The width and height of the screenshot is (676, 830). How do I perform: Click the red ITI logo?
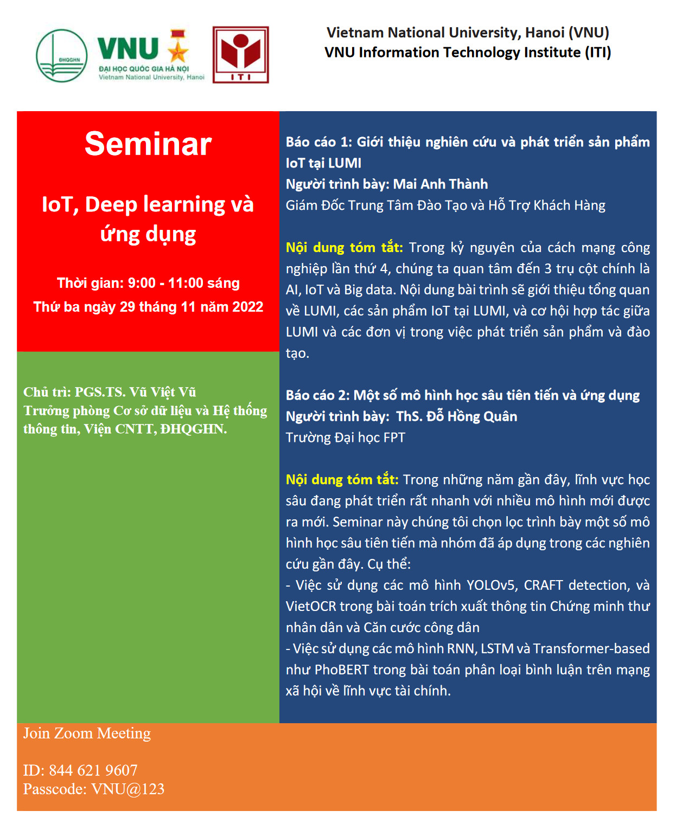pos(240,55)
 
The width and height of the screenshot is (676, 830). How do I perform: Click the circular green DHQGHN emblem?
pos(62,56)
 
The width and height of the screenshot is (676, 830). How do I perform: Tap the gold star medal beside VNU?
pos(178,46)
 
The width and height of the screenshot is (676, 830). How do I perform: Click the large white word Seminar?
pos(148,144)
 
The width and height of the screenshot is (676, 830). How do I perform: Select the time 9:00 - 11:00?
pos(165,283)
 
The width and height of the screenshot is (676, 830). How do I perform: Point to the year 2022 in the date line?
pos(247,307)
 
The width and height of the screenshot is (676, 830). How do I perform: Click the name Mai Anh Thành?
pos(440,184)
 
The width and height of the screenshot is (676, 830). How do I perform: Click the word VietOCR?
pos(311,606)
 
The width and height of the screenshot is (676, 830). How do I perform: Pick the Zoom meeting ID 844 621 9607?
pos(93,770)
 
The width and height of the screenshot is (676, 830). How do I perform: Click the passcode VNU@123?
pos(128,789)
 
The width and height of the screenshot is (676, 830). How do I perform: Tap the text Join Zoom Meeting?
pos(87,734)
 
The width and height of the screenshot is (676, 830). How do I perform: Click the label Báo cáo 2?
pos(318,395)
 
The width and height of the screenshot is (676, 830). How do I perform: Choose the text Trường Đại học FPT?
pos(346,437)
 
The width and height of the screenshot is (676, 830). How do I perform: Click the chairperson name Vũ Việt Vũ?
pos(163,391)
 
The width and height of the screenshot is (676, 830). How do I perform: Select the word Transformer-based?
pos(591,648)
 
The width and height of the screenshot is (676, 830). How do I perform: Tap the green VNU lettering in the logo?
pos(128,49)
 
